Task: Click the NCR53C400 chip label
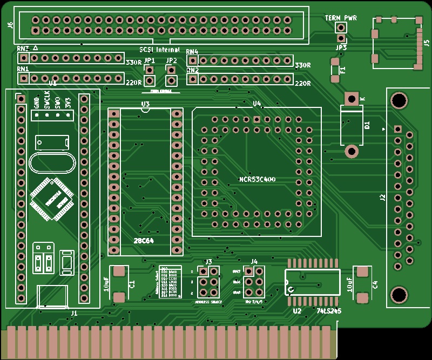[257, 179]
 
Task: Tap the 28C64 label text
[144, 241]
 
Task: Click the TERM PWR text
[341, 18]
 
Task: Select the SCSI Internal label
[160, 50]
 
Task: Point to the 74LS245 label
[329, 311]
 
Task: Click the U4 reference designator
[257, 103]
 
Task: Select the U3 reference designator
[145, 104]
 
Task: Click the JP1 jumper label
[150, 60]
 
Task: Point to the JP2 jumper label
[172, 60]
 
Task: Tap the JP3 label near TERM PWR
[341, 48]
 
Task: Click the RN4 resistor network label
[192, 52]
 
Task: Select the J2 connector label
[382, 198]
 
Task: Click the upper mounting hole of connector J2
[399, 100]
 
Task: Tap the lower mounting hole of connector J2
[399, 295]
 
